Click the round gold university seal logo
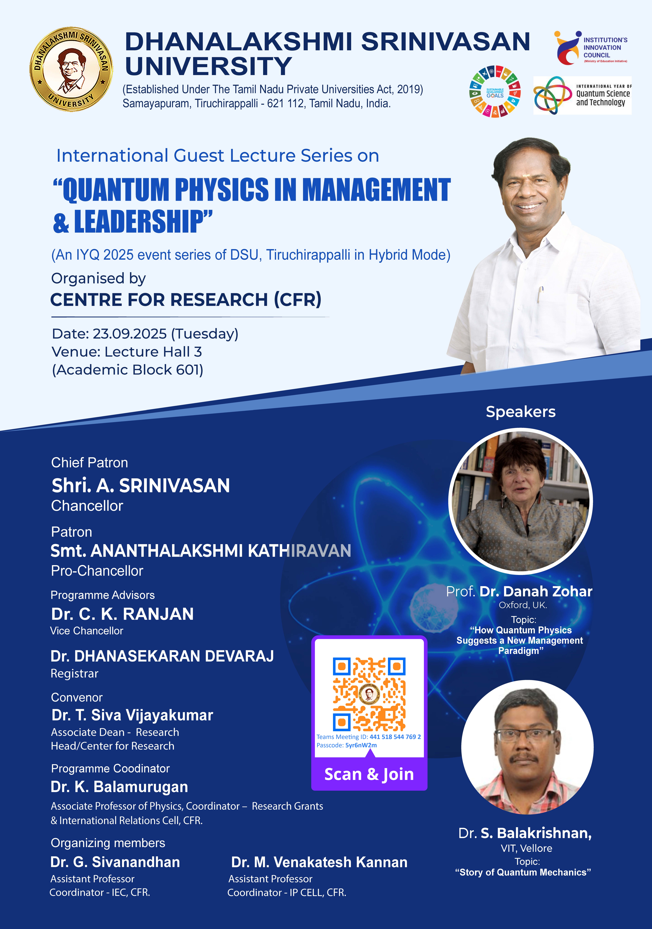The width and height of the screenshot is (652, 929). (x=71, y=69)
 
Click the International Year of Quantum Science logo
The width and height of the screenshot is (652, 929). (x=582, y=95)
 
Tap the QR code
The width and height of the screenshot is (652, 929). (x=369, y=694)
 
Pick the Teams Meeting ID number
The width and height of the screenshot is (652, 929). (x=395, y=737)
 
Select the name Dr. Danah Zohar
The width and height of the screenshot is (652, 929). (x=536, y=592)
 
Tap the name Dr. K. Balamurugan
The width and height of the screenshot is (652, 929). (x=119, y=787)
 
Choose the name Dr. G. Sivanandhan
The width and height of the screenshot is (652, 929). (x=115, y=862)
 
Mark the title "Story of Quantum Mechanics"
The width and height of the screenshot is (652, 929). (x=523, y=872)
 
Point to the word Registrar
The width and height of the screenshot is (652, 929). (x=74, y=674)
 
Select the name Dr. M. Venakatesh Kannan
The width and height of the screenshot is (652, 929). (x=319, y=862)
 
